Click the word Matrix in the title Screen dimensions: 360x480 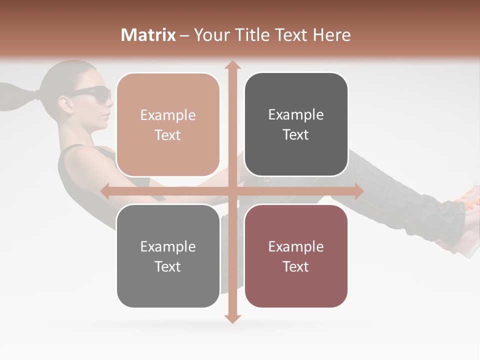(x=148, y=35)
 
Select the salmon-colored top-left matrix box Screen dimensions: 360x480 (x=168, y=124)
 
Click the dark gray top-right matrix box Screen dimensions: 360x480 (x=296, y=124)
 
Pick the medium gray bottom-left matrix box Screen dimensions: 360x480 (x=168, y=256)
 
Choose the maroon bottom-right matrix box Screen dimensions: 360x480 (x=296, y=256)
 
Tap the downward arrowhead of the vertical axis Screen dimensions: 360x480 (x=232, y=318)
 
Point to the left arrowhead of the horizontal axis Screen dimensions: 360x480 (x=105, y=191)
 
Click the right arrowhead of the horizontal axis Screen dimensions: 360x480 (x=358, y=191)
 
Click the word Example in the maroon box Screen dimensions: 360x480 (x=296, y=246)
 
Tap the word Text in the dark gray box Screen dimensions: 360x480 (x=296, y=135)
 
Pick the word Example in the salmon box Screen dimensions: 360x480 (x=168, y=115)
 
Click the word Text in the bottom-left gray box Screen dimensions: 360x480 (x=168, y=266)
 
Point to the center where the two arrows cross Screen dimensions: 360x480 (x=232, y=191)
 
